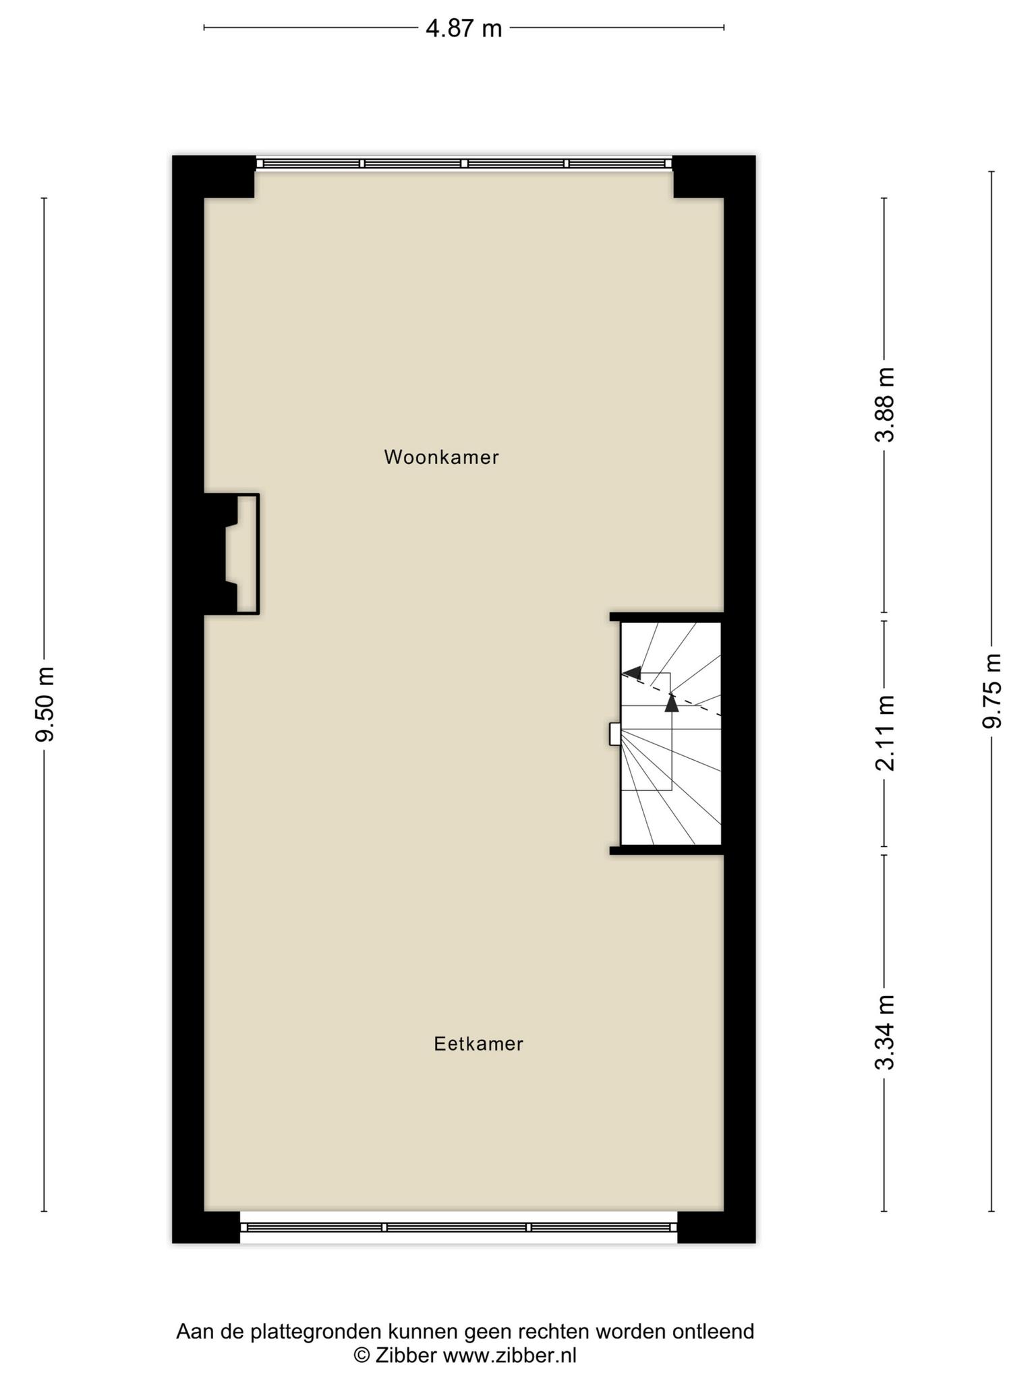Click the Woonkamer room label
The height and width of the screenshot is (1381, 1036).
441,457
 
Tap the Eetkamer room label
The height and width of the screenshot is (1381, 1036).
478,1044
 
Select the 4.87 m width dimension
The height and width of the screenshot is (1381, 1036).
464,28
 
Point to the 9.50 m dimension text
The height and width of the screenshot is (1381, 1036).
45,703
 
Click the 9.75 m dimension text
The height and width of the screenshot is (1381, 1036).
991,690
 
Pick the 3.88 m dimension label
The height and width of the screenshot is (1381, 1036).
884,405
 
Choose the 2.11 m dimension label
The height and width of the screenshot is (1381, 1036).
884,733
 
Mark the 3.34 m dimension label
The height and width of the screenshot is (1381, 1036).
884,1032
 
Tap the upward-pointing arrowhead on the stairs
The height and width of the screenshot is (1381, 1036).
671,703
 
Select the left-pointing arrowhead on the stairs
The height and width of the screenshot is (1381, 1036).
632,672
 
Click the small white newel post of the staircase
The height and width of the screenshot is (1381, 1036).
614,734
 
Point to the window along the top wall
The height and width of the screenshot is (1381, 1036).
464,163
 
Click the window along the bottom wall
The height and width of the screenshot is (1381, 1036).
459,1228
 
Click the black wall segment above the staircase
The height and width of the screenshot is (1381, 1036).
666,617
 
